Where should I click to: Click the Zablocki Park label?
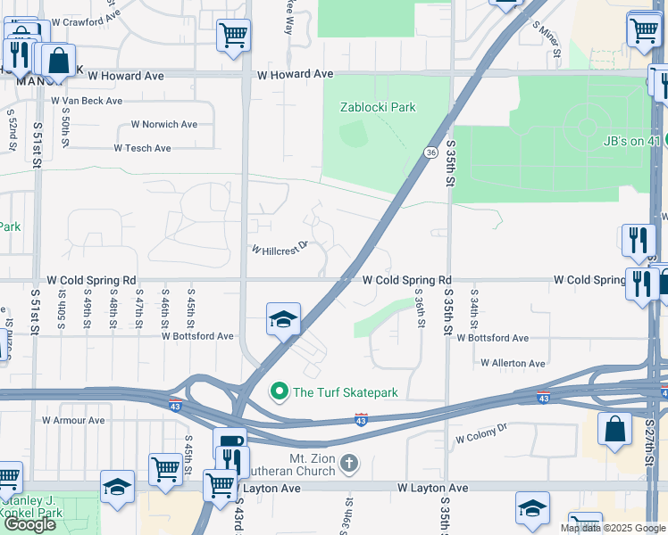click(x=378, y=108)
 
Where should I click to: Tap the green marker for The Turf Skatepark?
click(x=280, y=391)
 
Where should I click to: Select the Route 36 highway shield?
click(x=430, y=152)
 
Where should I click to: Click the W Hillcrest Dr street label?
click(x=279, y=248)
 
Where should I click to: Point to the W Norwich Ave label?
click(x=164, y=125)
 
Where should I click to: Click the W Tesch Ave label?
click(x=143, y=148)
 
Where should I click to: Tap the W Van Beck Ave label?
click(x=87, y=101)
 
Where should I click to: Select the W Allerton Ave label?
click(x=513, y=364)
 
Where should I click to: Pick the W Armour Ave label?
click(x=73, y=420)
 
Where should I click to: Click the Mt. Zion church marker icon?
click(x=349, y=463)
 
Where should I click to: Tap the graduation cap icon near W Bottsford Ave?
click(x=283, y=319)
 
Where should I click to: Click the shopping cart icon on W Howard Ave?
click(x=233, y=36)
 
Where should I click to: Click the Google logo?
click(x=29, y=524)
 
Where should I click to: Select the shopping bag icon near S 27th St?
click(x=616, y=428)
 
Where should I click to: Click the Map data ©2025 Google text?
click(x=614, y=528)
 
